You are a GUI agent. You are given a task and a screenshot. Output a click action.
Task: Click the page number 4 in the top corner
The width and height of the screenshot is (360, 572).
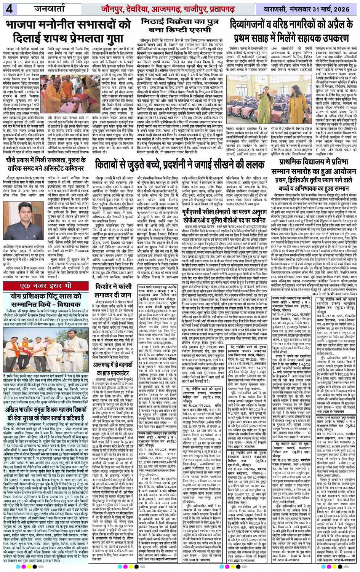coord(9,8)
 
